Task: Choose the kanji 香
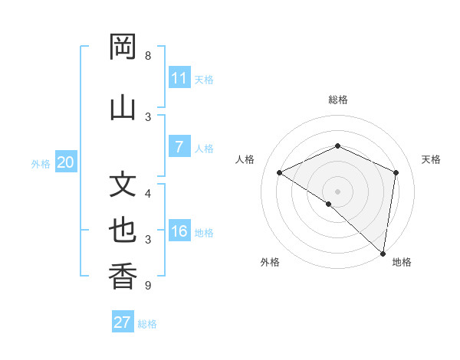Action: pos(123,276)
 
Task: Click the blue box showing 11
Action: pos(179,78)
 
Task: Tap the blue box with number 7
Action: pos(179,148)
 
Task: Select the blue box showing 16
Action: pos(179,232)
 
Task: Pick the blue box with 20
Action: pos(66,162)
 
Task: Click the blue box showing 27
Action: pos(123,322)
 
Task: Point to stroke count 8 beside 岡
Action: pos(148,56)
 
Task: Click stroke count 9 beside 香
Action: pos(147,286)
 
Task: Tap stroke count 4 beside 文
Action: pos(148,193)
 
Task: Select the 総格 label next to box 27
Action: pos(147,324)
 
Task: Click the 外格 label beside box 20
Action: pos(41,164)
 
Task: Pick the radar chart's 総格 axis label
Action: pos(337,100)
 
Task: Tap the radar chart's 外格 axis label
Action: pos(269,262)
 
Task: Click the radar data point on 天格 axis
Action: pos(396,172)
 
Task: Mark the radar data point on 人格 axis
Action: pos(280,173)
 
